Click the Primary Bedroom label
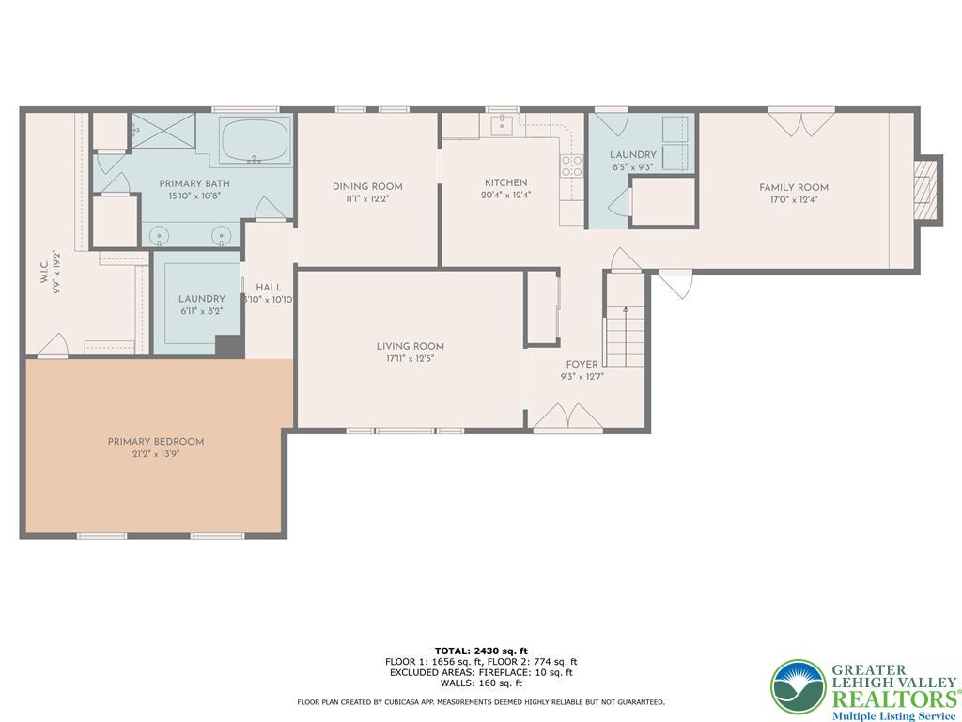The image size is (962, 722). [x=155, y=441]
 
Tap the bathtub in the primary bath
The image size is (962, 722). [x=255, y=142]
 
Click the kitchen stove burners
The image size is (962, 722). [x=570, y=165]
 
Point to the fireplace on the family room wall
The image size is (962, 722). [x=927, y=189]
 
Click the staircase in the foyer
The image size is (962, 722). [x=623, y=337]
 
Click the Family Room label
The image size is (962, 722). [x=794, y=187]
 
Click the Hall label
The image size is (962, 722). [x=268, y=287]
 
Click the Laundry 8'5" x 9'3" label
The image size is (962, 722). [x=632, y=154]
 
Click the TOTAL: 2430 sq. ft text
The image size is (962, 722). [x=481, y=651]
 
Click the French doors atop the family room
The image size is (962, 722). [x=800, y=122]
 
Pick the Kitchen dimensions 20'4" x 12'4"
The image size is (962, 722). [x=505, y=196]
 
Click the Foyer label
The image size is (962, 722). [x=582, y=364]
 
